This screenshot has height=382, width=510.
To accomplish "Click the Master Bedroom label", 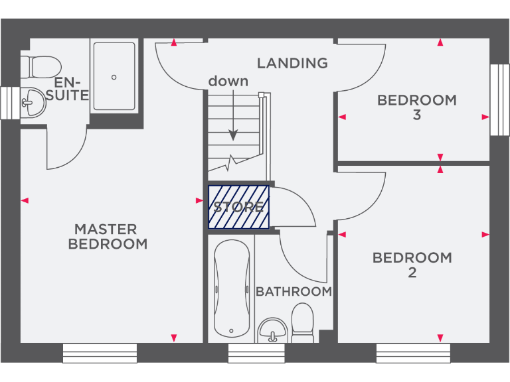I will click(x=108, y=237).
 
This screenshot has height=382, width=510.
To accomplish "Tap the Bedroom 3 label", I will click(x=416, y=107).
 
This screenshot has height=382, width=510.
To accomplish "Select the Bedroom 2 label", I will click(x=412, y=265).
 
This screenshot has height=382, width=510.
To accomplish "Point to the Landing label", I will click(x=292, y=64).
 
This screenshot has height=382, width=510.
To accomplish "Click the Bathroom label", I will click(x=294, y=292).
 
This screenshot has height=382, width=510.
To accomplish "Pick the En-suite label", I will click(x=71, y=89).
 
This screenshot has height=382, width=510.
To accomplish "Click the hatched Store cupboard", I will click(x=239, y=207).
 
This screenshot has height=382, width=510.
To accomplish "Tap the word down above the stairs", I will click(x=228, y=82).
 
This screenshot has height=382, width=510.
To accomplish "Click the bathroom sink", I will click(x=272, y=329).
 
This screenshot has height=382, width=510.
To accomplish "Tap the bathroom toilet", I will click(x=303, y=324).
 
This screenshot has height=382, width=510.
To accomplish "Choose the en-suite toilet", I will click(x=41, y=66).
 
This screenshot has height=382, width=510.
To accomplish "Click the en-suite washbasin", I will click(x=32, y=103).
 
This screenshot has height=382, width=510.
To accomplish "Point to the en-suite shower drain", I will click(x=114, y=77).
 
